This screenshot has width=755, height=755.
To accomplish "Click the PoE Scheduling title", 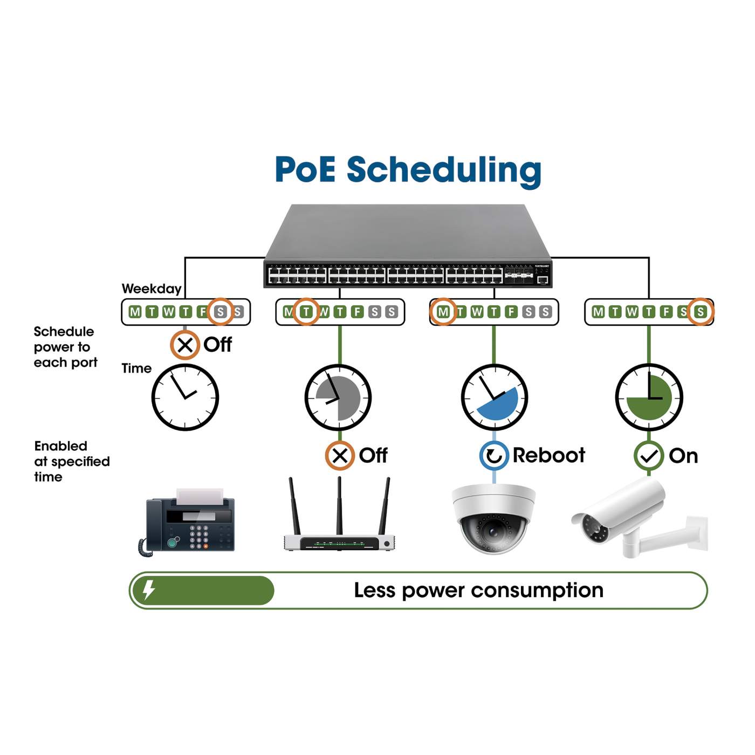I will (x=408, y=170).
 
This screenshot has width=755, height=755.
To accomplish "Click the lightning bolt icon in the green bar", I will (x=149, y=589).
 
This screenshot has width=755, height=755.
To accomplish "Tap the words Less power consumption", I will (x=478, y=590).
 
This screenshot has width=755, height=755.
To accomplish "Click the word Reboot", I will (x=548, y=456).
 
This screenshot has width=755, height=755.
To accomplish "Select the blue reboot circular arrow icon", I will (x=493, y=456).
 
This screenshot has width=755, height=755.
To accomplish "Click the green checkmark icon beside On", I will (x=648, y=456).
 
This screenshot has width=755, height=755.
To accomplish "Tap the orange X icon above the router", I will (x=339, y=456).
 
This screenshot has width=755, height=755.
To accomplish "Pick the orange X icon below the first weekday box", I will (x=185, y=345).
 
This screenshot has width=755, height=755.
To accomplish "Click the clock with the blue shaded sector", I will (x=494, y=397).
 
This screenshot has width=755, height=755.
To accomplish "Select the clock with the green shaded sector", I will (x=649, y=397).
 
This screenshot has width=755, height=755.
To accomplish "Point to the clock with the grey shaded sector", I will (x=338, y=397).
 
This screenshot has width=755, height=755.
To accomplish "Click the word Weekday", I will (x=152, y=289).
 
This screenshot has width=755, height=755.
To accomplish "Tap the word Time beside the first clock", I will (x=136, y=368).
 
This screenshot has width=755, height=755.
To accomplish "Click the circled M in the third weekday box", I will (x=443, y=312).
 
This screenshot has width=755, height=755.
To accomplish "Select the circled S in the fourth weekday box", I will (x=700, y=312).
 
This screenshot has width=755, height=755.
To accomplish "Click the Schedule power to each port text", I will (x=65, y=347).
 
